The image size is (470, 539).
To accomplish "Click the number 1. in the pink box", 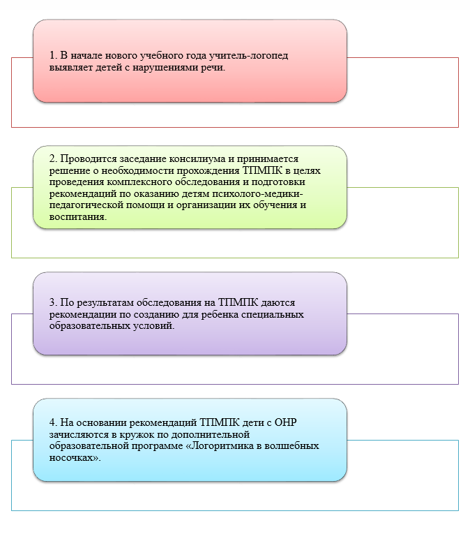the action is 53,55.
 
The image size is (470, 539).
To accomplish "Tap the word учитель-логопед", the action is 248,56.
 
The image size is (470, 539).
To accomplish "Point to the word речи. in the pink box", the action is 213,67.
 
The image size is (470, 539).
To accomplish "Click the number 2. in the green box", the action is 53,158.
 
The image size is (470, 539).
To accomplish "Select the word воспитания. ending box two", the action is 78,217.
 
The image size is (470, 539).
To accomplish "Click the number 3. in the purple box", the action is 53,302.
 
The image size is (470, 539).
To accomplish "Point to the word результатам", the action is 105,303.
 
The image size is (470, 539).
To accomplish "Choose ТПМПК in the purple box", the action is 238,302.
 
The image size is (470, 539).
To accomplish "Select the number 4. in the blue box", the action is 53,422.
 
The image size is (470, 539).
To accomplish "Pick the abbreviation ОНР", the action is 286,422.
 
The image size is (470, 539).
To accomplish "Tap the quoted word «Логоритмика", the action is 218,446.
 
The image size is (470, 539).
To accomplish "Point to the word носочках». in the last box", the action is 75,457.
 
